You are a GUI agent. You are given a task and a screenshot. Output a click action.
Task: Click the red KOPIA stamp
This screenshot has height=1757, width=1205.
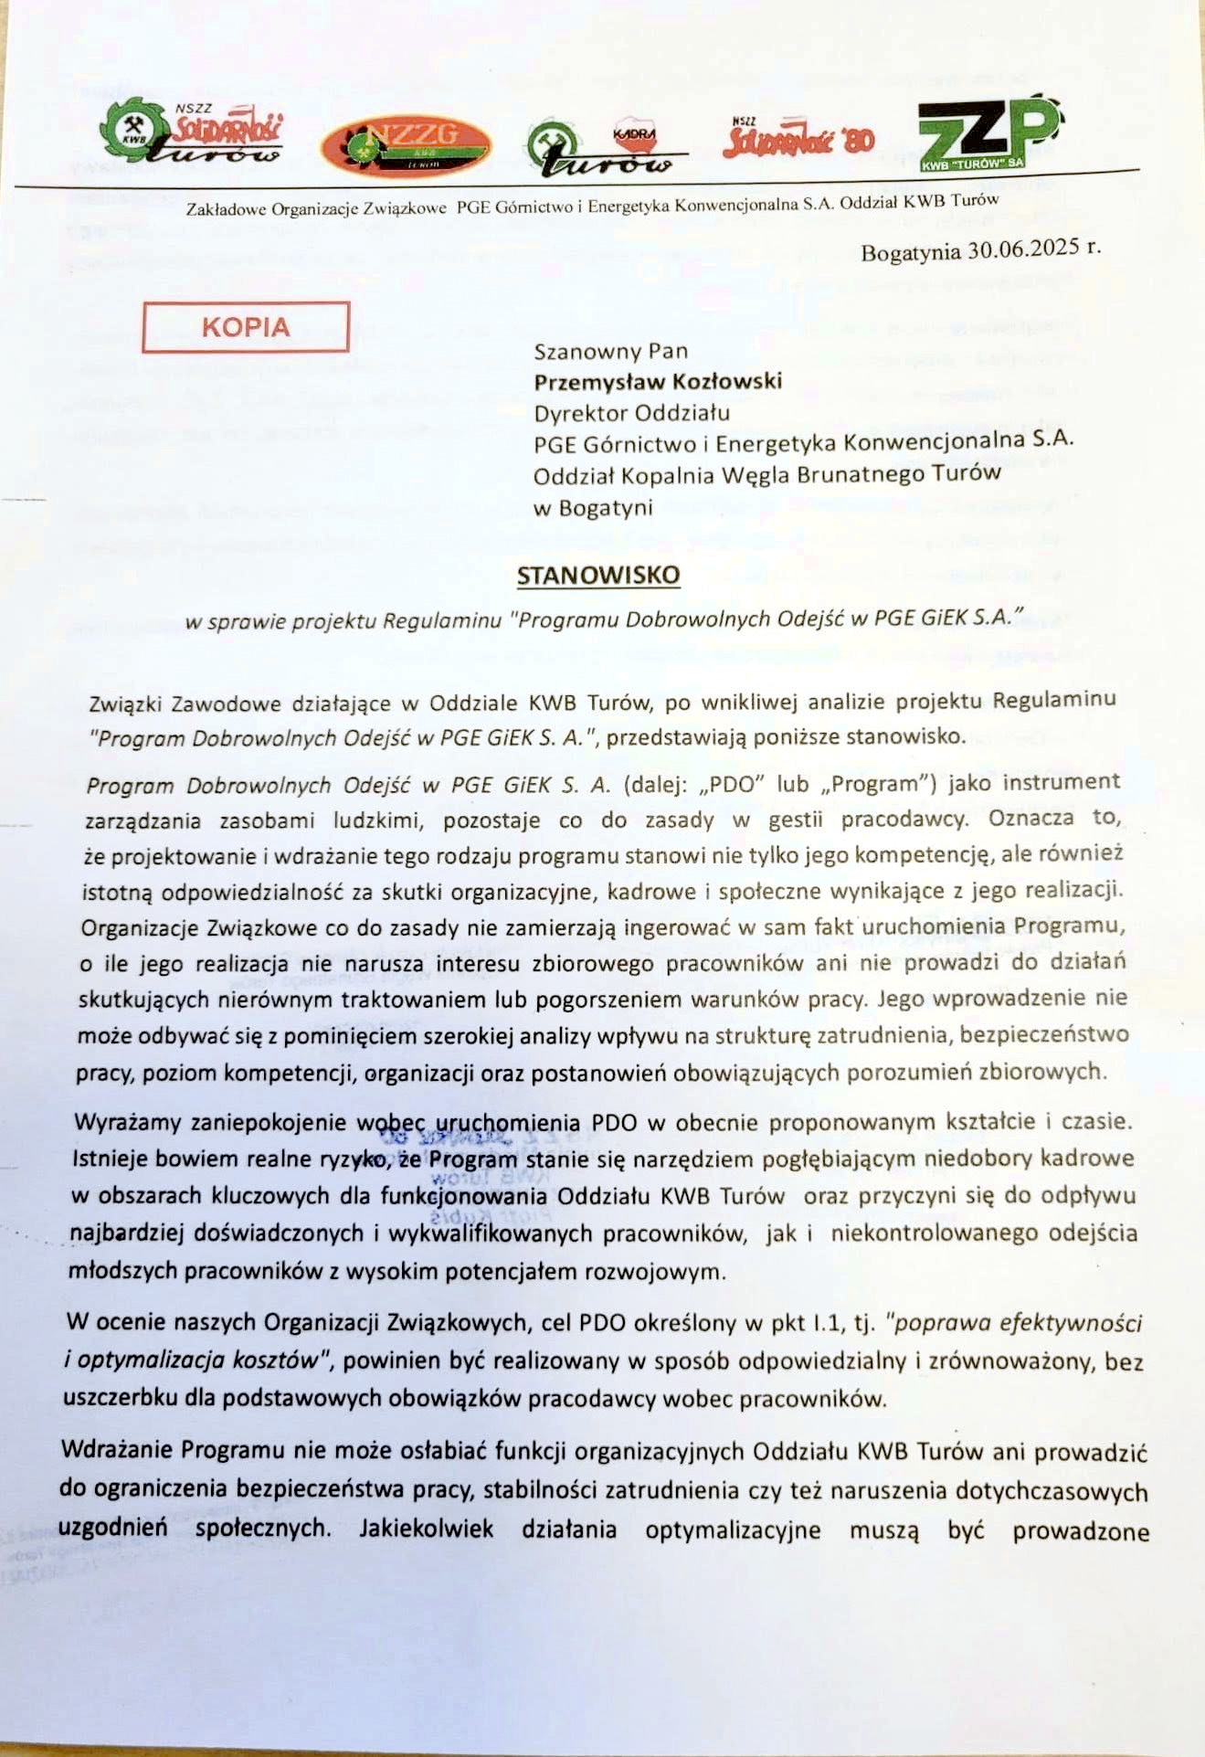pyautogui.click(x=246, y=326)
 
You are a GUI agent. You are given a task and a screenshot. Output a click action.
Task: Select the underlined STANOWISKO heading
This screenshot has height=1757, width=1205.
pyautogui.click(x=598, y=575)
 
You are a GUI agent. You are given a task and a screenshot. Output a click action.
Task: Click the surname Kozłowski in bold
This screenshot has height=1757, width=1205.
pyautogui.click(x=726, y=381)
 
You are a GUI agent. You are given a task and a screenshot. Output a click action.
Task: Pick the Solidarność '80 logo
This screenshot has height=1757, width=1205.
pyautogui.click(x=798, y=139)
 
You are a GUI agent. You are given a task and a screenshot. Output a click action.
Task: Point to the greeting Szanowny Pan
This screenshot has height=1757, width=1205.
pyautogui.click(x=610, y=351)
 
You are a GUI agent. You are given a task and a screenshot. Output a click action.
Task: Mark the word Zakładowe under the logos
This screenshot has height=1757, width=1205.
pyautogui.click(x=227, y=209)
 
